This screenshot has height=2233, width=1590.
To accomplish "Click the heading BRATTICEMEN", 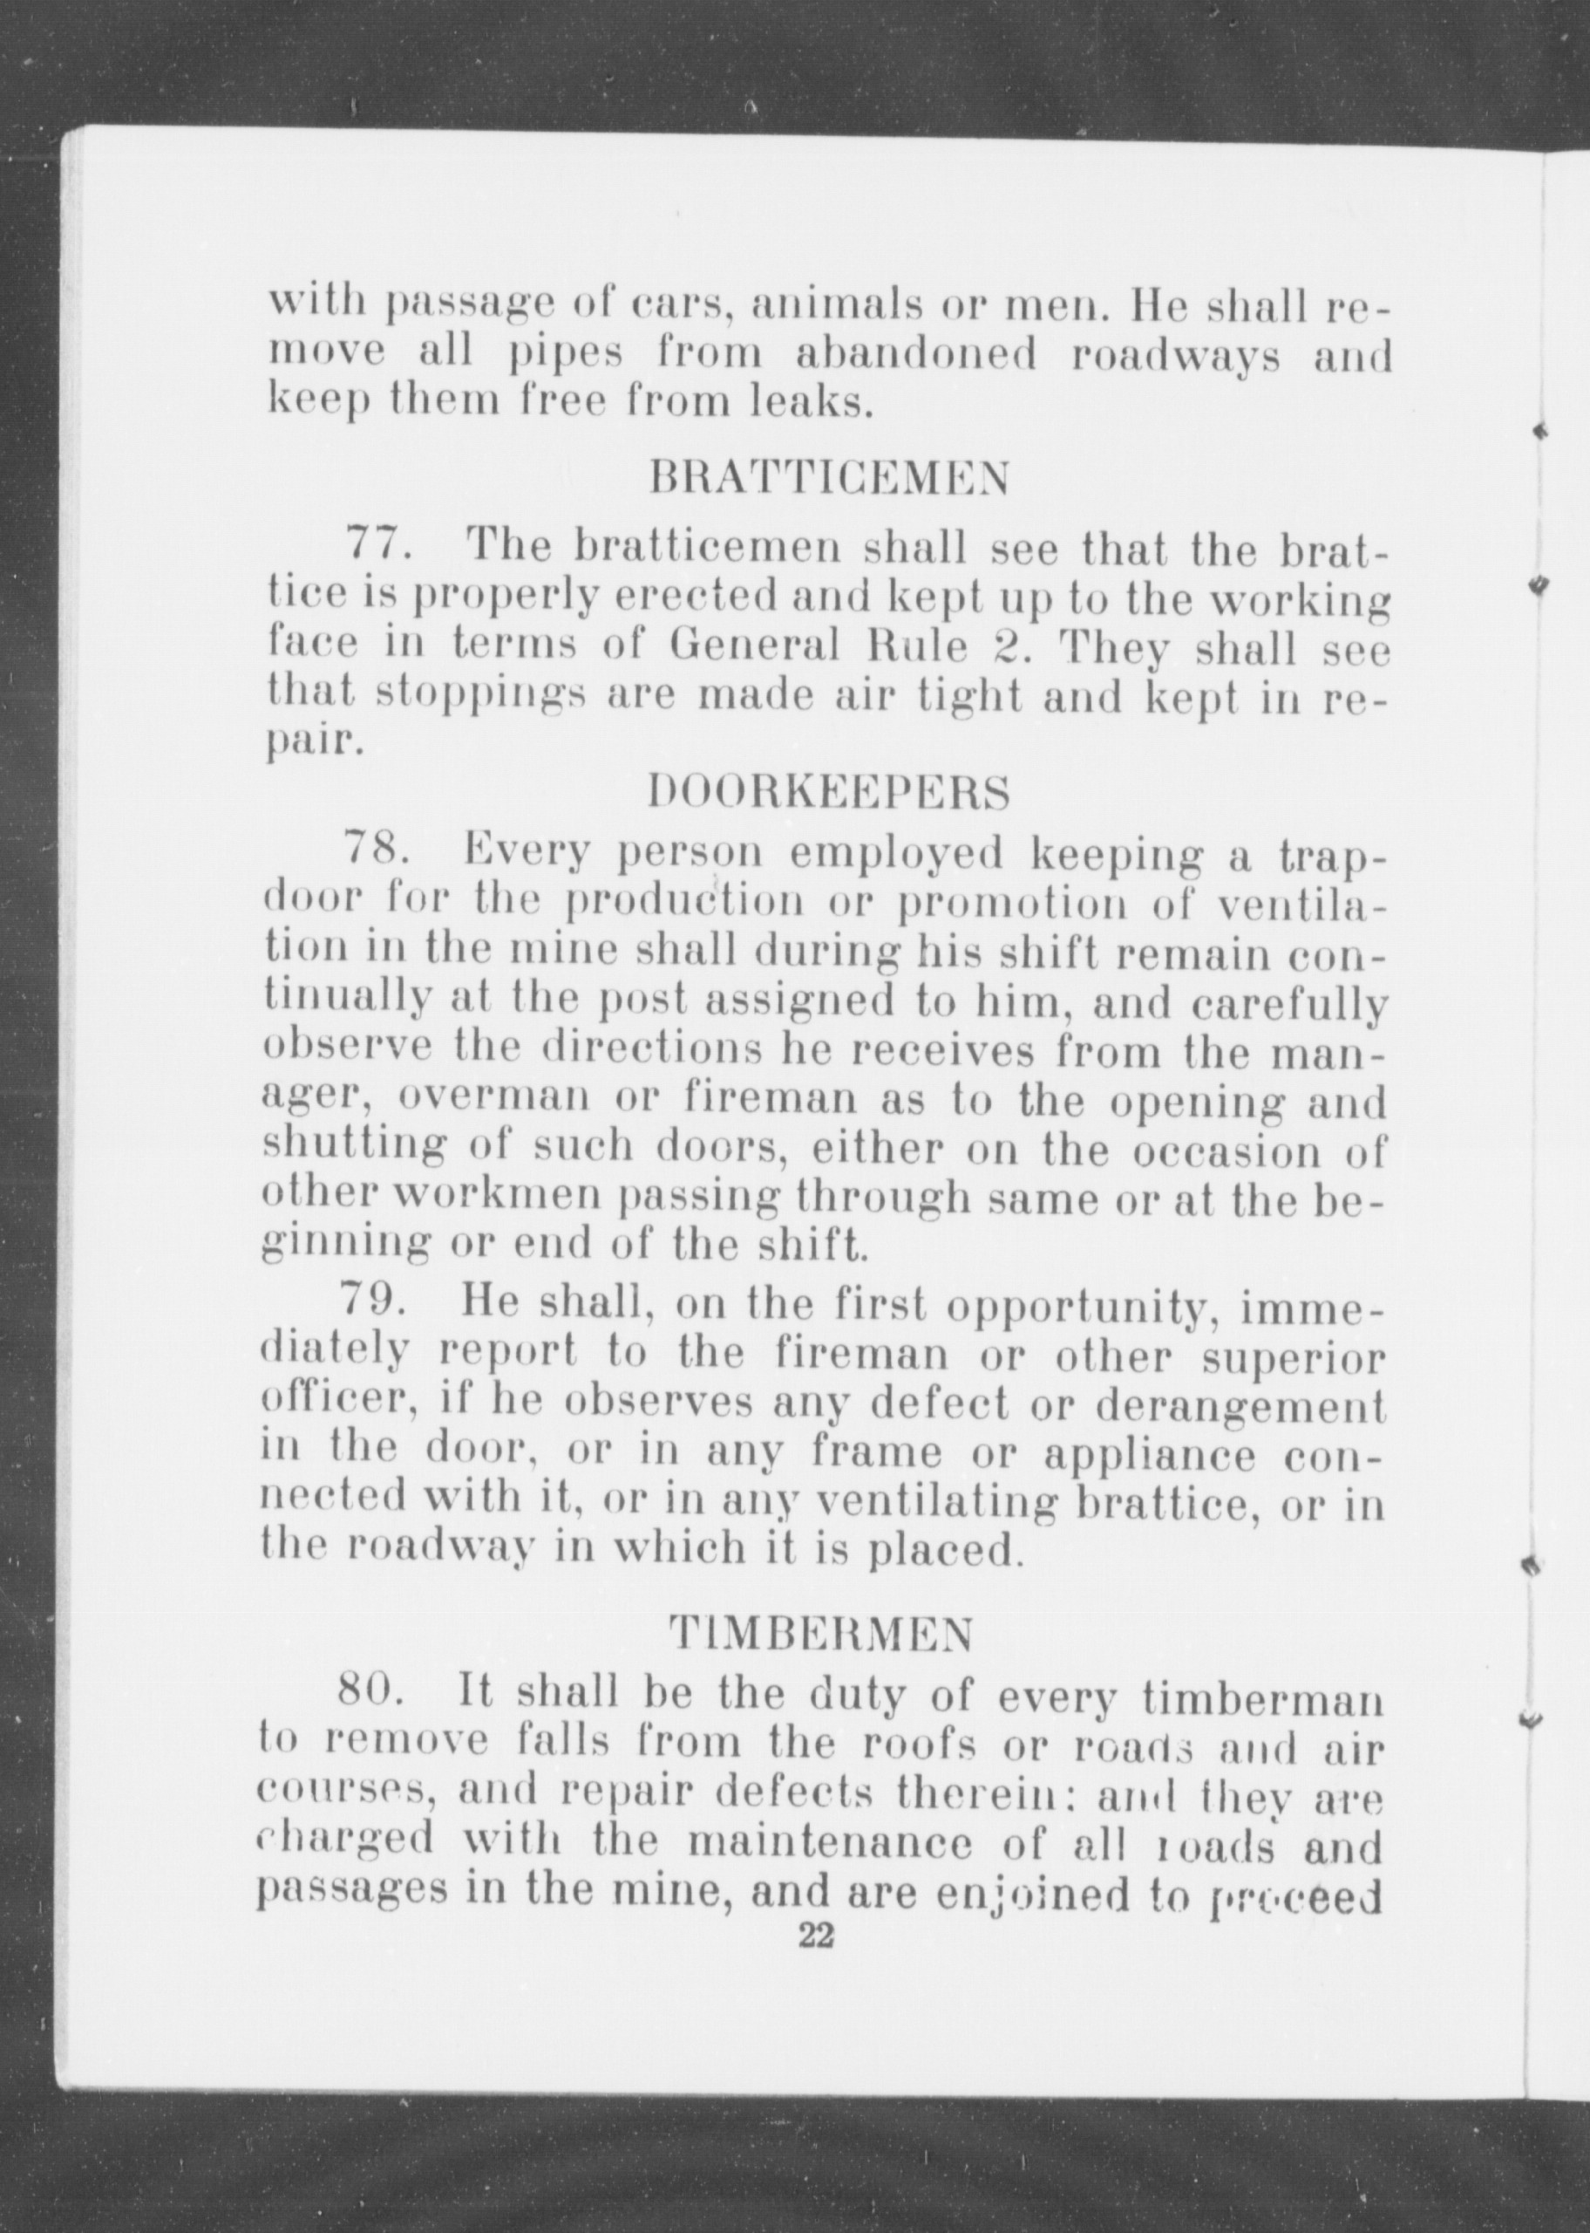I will pos(828,480).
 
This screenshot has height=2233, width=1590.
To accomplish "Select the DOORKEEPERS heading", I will pos(829,792).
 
